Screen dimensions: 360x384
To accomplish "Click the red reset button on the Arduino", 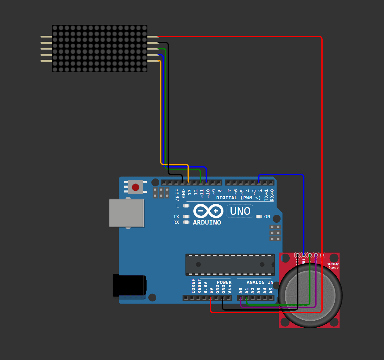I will click(x=136, y=187).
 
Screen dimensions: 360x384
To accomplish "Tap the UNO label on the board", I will click(x=240, y=211).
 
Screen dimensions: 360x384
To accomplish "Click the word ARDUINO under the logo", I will click(x=207, y=223).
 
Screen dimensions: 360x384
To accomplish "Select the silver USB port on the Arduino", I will click(x=127, y=213).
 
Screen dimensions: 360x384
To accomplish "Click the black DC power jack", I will click(x=129, y=285).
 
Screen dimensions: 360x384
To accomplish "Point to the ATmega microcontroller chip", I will click(x=230, y=265).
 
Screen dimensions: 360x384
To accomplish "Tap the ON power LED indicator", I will click(x=259, y=217).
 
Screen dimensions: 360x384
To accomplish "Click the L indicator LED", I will click(x=186, y=206).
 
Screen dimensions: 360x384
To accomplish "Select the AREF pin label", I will click(x=178, y=195).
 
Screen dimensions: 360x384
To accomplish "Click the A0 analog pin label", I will click(x=241, y=290).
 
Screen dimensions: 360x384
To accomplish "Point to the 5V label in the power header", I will click(x=211, y=290).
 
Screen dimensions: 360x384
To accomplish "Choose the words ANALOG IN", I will click(x=260, y=282).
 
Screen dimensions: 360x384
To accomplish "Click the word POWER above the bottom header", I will click(x=224, y=282).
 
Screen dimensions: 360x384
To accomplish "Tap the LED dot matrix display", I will click(x=100, y=49).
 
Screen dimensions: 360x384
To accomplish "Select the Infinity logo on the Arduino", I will click(x=208, y=211).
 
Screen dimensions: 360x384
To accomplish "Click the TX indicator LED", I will click(x=186, y=217).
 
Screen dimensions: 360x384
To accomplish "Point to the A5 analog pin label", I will click(x=271, y=290).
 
